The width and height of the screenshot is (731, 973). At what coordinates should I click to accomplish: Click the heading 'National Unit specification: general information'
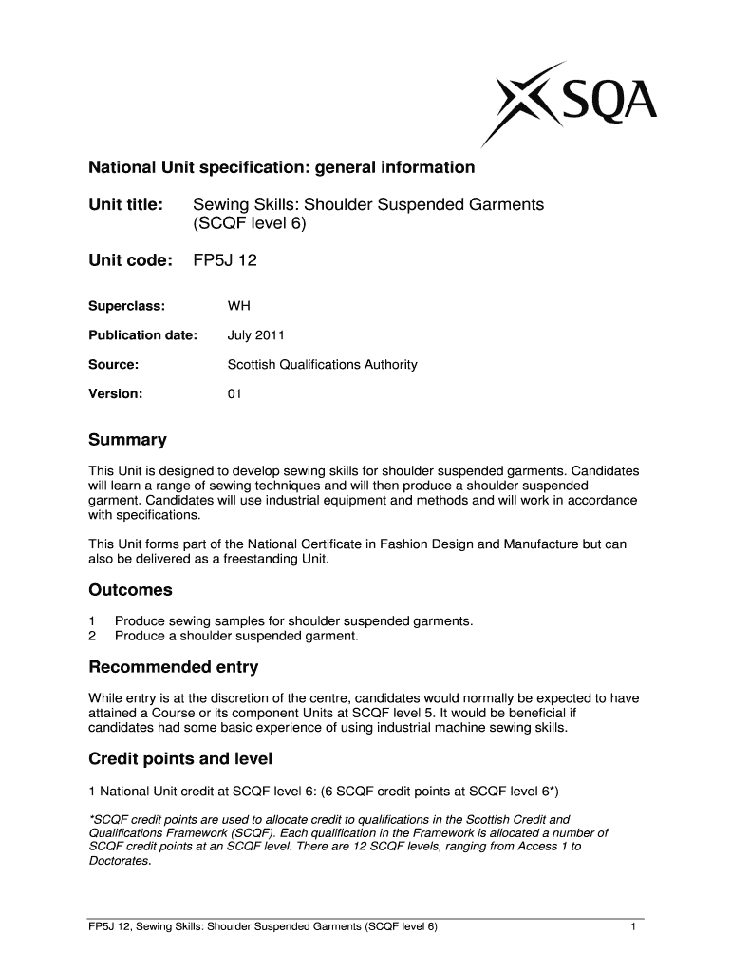281,168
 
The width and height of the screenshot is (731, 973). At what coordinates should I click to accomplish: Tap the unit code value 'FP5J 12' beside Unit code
225,259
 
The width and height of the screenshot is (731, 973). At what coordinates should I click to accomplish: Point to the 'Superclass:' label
126,306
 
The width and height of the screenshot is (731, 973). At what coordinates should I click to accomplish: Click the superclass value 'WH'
238,306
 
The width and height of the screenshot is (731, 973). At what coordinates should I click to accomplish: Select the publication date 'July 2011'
255,335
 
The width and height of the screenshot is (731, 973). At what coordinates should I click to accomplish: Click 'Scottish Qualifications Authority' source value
322,364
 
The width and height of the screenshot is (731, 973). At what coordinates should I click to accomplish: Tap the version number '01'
234,392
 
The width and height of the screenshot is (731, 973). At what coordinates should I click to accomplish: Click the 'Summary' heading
127,440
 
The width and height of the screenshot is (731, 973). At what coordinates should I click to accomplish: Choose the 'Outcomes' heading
130,590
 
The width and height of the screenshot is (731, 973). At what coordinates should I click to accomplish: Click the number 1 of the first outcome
92,620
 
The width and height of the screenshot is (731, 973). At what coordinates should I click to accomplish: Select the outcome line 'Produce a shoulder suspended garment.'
236,636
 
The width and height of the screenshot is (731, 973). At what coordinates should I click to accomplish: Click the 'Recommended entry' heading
173,667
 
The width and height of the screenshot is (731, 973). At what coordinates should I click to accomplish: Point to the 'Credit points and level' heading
180,758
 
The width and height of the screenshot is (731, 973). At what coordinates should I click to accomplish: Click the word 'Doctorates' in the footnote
119,861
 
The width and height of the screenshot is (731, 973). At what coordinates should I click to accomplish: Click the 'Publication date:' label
142,335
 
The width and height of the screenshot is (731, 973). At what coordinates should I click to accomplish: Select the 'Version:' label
115,392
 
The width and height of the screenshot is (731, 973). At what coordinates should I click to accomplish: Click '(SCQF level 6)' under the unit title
251,225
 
